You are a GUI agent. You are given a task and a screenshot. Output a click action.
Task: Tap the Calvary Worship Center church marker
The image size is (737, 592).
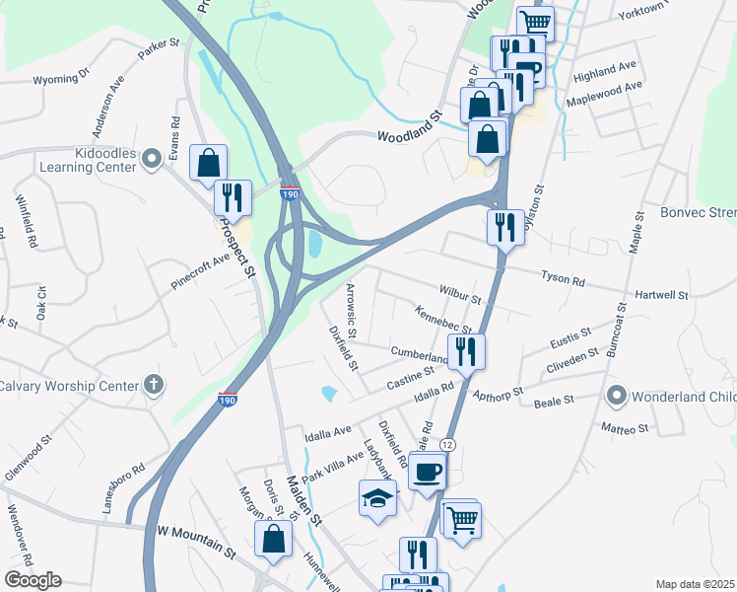coord(153,384)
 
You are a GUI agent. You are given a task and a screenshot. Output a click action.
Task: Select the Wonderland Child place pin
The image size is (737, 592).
coord(618,397)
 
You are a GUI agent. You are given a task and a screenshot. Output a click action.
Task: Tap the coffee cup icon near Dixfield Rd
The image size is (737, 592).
coord(427,472)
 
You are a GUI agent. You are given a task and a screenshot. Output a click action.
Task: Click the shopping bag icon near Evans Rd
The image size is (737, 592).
coord(208,163)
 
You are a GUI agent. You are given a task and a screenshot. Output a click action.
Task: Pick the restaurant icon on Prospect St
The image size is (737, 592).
coord(234,197)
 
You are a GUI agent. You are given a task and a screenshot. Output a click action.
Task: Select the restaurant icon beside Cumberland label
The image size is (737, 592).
coord(465,351)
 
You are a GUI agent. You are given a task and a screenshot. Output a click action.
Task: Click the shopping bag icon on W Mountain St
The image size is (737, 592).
coord(273,539)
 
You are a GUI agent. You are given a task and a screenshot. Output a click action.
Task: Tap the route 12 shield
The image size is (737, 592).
coord(447,446)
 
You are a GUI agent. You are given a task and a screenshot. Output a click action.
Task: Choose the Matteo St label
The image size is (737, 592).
coord(626,429)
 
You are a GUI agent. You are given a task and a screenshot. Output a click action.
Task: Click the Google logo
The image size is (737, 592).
coord(33,580)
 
